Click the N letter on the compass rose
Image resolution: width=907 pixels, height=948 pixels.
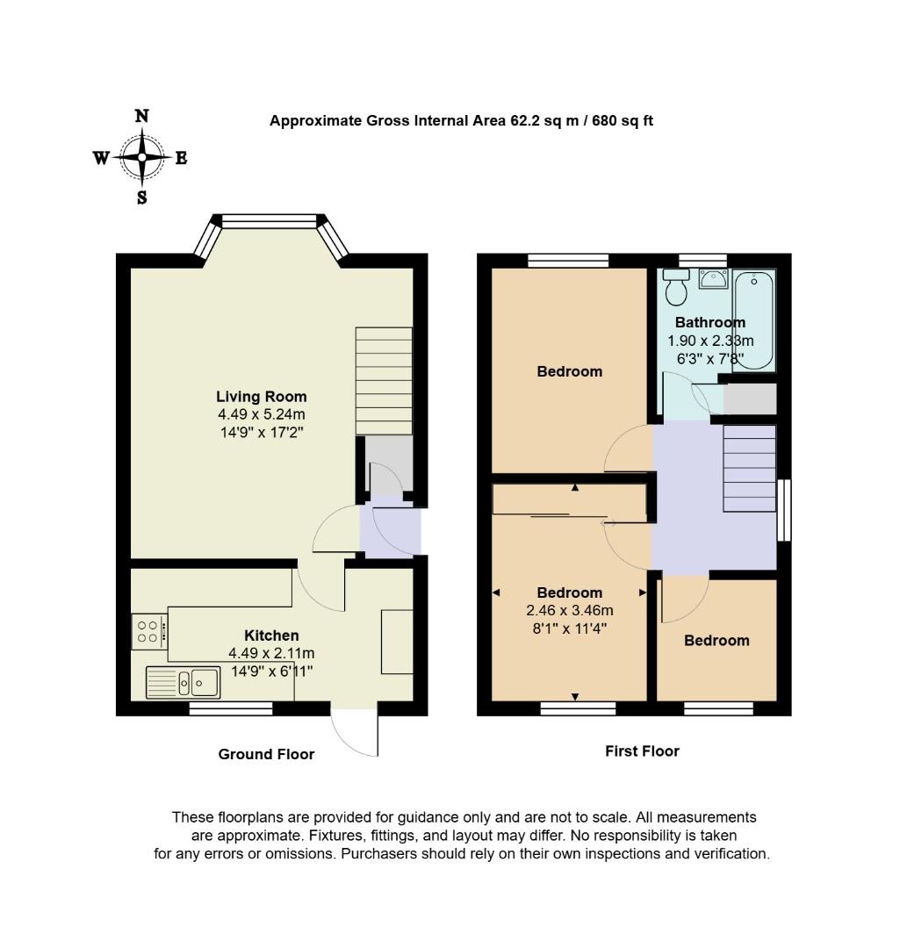(141, 116)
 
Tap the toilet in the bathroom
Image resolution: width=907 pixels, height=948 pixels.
(676, 287)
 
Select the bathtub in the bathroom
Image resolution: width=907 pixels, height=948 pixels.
(754, 320)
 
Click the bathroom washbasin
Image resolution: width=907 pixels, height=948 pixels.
(713, 279)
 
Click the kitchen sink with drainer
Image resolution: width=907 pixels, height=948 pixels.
(183, 681)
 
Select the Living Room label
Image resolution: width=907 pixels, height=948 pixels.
(263, 397)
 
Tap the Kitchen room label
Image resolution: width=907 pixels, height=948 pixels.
(271, 636)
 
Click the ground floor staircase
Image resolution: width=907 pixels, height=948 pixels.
(384, 381)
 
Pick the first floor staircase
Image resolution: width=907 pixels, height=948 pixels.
(750, 469)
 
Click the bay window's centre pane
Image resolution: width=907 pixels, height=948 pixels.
(268, 221)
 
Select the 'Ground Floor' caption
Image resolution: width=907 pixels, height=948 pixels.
(266, 754)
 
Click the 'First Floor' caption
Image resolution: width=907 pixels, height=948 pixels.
(642, 750)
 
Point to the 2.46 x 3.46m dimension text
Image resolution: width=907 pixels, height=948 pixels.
(569, 610)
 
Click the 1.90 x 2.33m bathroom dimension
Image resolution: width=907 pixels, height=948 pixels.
(710, 341)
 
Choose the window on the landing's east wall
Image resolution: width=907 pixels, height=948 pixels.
(783, 511)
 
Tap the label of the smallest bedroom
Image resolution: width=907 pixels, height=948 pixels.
(716, 641)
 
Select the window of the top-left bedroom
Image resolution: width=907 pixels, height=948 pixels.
(568, 260)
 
